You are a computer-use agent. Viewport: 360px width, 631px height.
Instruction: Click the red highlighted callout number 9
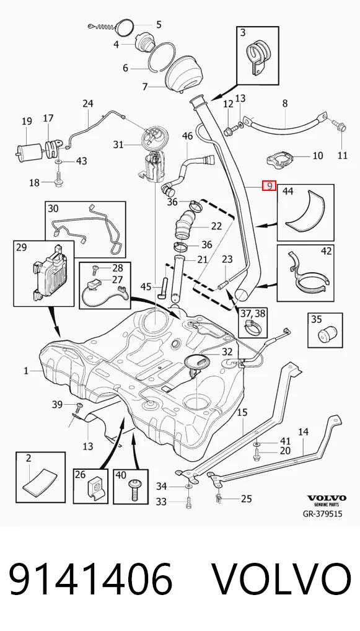[x=269, y=185]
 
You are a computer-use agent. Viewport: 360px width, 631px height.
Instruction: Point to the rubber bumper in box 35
[x=325, y=335]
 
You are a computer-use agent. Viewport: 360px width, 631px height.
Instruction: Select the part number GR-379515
[x=322, y=513]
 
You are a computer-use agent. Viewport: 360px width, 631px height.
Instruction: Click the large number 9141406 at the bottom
[x=90, y=581]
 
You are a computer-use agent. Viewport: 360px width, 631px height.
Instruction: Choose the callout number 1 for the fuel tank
[x=26, y=371]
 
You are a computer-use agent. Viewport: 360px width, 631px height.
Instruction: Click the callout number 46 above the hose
[x=188, y=136]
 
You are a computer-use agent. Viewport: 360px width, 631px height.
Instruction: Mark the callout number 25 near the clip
[x=246, y=500]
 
